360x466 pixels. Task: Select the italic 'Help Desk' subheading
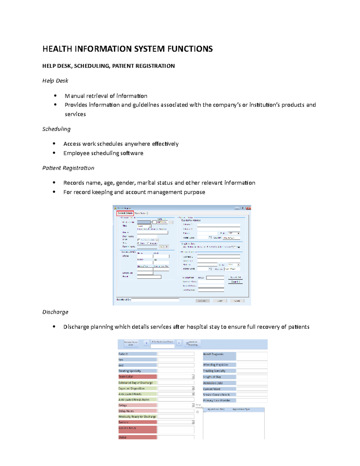point(55,81)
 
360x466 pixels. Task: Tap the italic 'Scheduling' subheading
point(56,129)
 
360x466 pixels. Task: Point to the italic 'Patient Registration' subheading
point(68,168)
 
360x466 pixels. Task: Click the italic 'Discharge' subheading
point(55,312)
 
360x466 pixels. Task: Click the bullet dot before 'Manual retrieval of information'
point(55,96)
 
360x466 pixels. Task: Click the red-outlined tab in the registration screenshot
point(125,213)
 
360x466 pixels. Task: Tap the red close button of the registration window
point(248,208)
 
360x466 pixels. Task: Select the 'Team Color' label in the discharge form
point(126,377)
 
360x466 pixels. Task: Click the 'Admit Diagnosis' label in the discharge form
point(213,354)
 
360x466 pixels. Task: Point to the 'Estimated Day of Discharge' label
point(136,383)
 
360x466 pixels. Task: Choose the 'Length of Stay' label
point(212,377)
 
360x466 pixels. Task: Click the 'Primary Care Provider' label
point(217,400)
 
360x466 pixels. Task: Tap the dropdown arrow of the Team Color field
point(193,377)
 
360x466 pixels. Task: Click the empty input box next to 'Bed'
point(176,365)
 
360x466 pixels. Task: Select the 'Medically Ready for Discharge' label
point(137,416)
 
